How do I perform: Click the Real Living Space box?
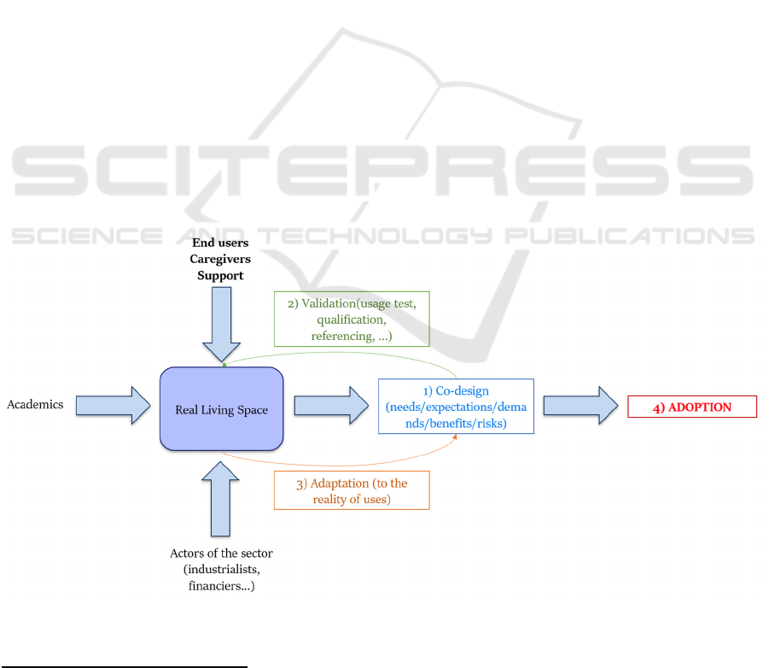[x=221, y=409]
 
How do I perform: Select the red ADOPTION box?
[x=692, y=407]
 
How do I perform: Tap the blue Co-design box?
[x=456, y=407]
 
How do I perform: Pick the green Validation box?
[x=352, y=319]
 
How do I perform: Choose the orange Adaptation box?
[x=352, y=490]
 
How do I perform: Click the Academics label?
[x=35, y=404]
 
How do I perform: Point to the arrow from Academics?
[x=113, y=406]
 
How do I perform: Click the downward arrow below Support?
[x=222, y=325]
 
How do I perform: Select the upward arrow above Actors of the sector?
[x=221, y=499]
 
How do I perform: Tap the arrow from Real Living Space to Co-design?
[x=331, y=406]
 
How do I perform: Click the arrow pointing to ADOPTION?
[x=580, y=406]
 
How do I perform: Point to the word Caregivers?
[x=220, y=259]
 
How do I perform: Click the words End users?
[x=220, y=243]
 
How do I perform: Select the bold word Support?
[x=220, y=276]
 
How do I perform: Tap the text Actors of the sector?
[x=221, y=554]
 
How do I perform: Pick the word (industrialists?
[x=222, y=570]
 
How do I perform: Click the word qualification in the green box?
[x=352, y=320]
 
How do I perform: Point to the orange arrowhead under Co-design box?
[x=455, y=437]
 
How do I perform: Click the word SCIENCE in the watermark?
[x=87, y=236]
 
